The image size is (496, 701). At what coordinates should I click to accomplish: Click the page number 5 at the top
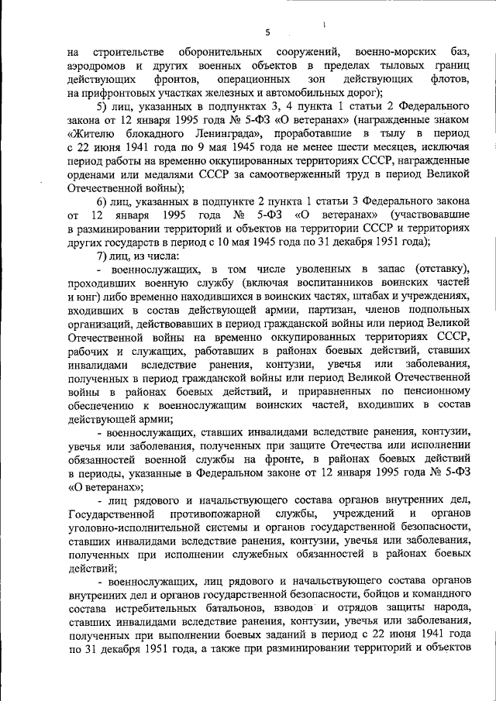point(267,33)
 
